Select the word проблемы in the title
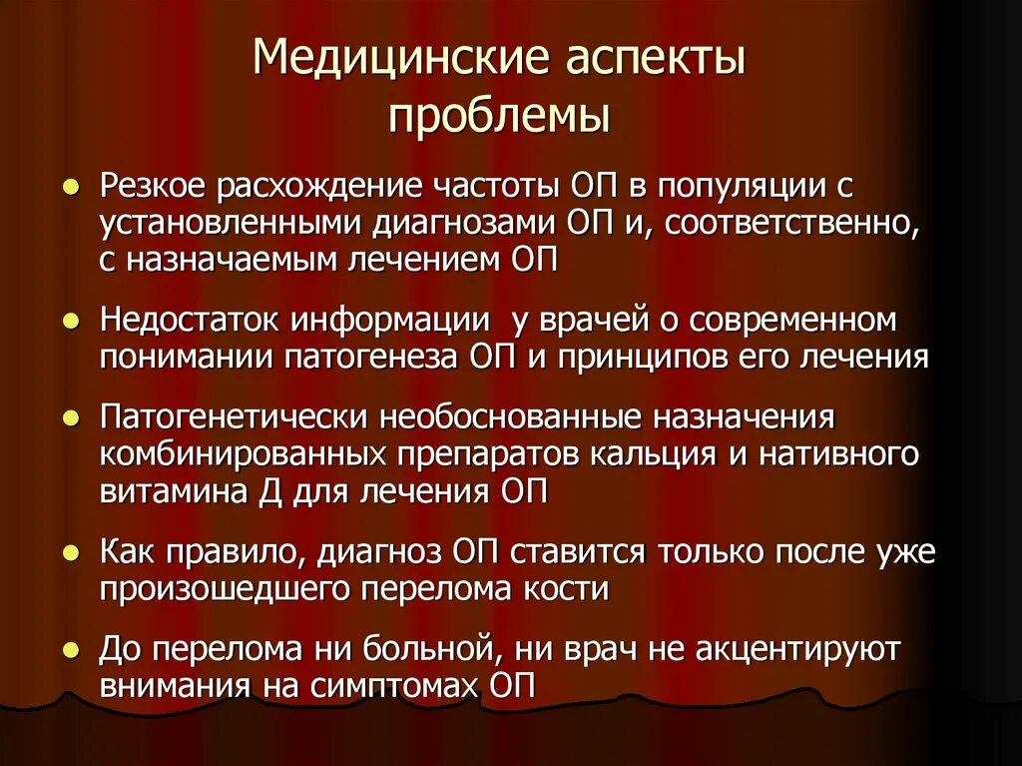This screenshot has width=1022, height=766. click(499, 115)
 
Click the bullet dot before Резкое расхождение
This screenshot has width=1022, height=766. click(72, 187)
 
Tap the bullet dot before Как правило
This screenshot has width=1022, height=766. click(72, 552)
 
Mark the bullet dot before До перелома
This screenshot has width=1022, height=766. click(72, 650)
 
